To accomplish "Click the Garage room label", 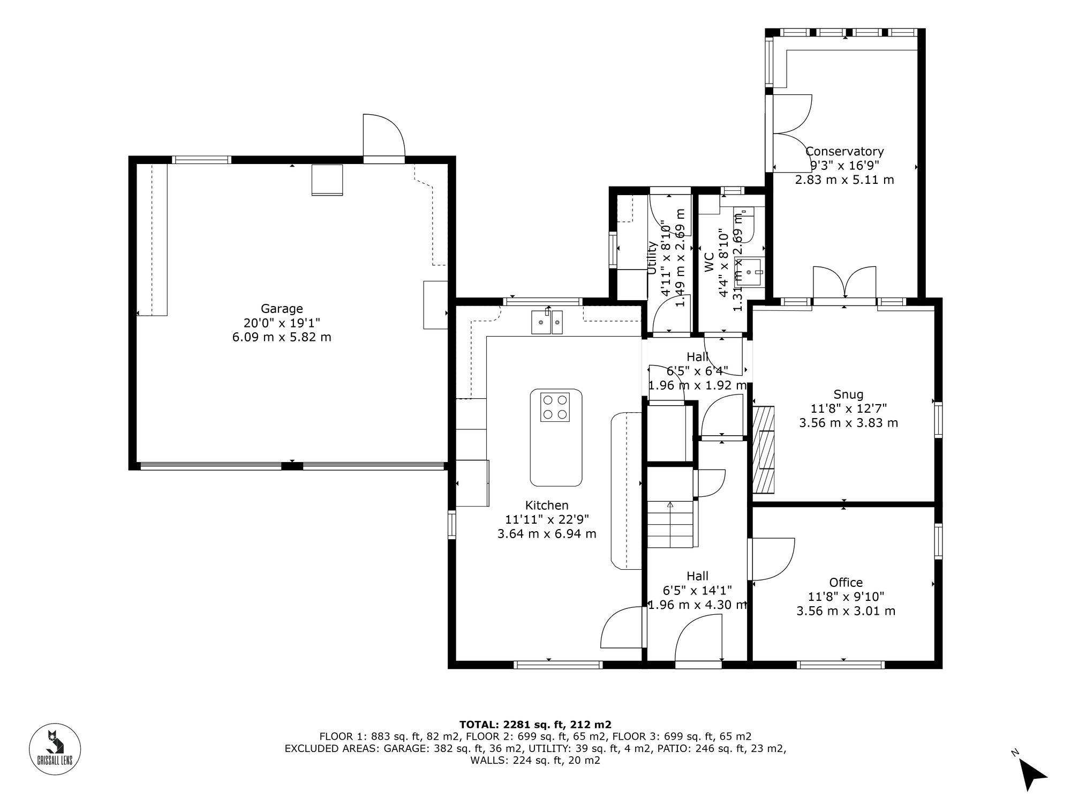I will (x=282, y=309).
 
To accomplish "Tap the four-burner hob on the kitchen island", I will (x=555, y=407).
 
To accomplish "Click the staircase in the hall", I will (x=670, y=523).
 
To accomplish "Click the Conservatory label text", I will (x=844, y=152).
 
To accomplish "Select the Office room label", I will (x=846, y=583).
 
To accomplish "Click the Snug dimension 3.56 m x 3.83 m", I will (x=848, y=423).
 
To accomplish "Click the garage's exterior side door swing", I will (x=383, y=137).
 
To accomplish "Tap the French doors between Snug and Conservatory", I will (x=844, y=284).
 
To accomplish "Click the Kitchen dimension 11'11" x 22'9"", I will (x=547, y=519).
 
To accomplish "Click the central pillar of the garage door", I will (x=292, y=466).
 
